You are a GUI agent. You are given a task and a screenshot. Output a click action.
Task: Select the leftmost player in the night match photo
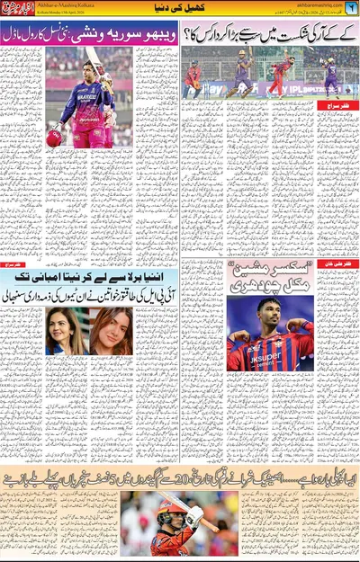click(x=193, y=78)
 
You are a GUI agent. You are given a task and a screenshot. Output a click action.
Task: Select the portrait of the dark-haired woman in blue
click(x=67, y=331)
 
